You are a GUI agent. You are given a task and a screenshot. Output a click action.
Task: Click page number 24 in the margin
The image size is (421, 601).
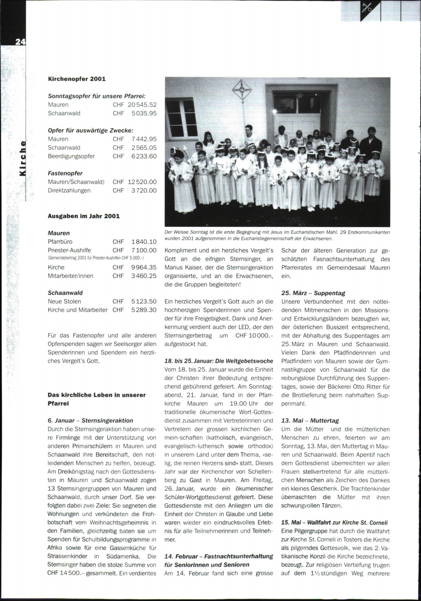(20, 42)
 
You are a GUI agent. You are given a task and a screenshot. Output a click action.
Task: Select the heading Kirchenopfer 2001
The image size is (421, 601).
(76, 79)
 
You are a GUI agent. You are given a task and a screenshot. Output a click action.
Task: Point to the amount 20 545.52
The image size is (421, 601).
(142, 105)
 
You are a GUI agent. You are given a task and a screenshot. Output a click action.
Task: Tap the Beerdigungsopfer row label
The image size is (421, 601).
(71, 156)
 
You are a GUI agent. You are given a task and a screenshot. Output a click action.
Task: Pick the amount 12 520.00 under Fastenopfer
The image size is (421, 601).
(142, 182)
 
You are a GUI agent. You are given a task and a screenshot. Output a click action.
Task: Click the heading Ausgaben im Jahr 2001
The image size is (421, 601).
(83, 216)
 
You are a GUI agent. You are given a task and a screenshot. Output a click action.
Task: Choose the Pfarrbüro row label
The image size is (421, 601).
(60, 242)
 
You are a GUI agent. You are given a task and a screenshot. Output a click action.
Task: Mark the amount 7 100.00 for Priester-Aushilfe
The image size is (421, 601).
(144, 250)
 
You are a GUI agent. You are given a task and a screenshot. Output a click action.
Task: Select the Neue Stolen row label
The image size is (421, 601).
(64, 301)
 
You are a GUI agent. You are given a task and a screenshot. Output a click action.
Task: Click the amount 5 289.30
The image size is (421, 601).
(144, 310)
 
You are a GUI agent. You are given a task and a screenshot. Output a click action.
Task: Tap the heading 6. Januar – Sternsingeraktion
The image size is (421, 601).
(90, 420)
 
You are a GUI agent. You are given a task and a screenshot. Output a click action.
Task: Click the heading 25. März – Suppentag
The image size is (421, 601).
(313, 293)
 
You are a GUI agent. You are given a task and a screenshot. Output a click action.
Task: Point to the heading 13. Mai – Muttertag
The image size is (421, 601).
(310, 420)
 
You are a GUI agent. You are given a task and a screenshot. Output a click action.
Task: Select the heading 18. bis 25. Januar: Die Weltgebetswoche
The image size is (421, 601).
(219, 361)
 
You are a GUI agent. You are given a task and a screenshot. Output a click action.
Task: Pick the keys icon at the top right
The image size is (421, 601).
(367, 7)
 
